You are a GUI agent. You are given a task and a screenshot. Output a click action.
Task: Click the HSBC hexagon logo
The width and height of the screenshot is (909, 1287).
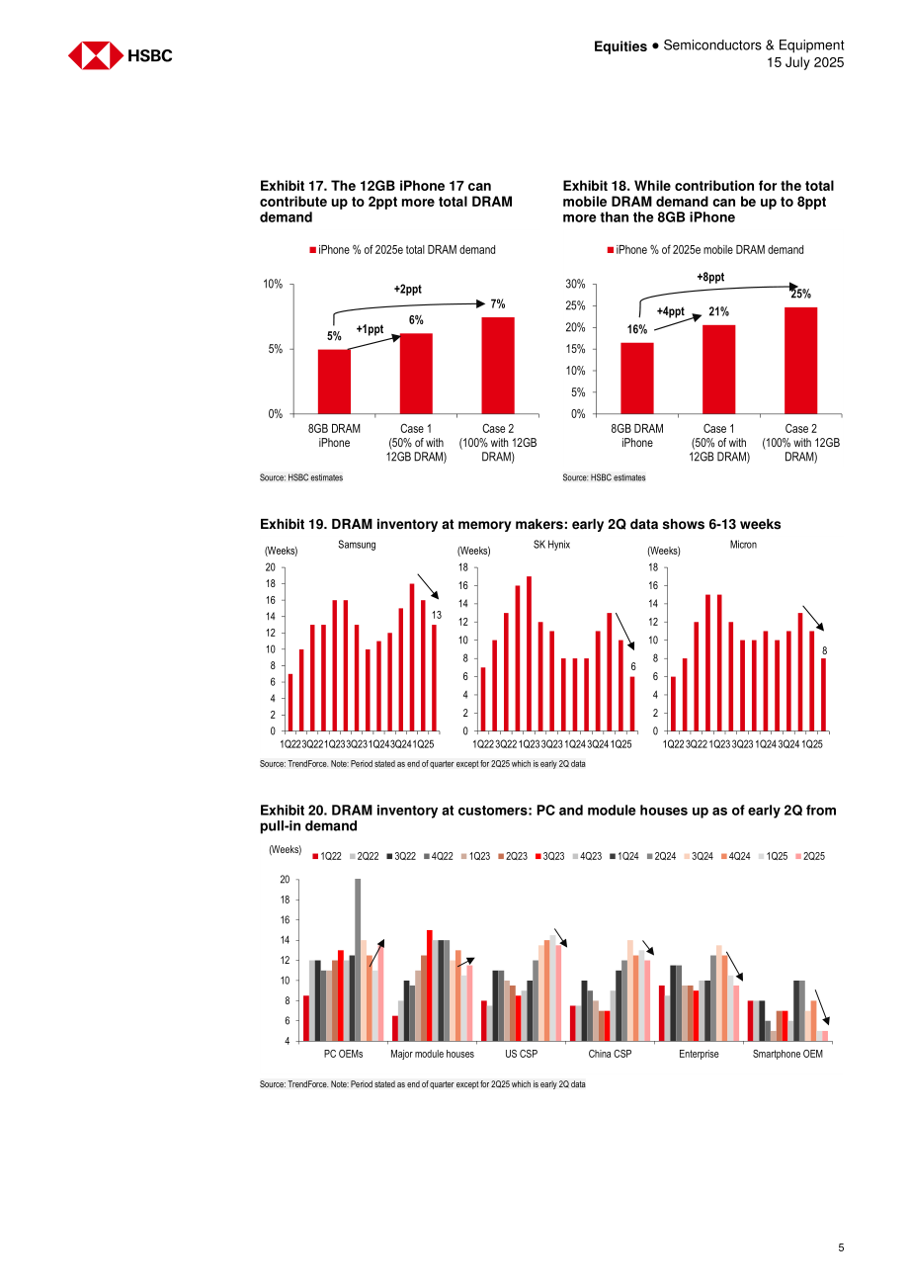coord(95,55)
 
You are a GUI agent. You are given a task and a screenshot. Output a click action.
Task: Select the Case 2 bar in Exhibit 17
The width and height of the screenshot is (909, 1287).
coord(497,366)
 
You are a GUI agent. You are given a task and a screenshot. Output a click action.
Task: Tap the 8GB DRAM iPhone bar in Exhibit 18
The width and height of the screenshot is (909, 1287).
coord(636,378)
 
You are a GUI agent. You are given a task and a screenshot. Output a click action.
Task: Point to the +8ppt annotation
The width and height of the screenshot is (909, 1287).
coord(709,277)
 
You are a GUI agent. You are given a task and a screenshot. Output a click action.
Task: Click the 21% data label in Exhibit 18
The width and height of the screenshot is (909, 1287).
coord(717,311)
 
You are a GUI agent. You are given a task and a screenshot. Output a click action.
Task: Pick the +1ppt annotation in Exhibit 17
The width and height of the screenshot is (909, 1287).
coord(370,329)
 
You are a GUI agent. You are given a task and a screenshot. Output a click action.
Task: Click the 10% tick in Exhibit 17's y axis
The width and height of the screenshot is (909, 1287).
coord(273,284)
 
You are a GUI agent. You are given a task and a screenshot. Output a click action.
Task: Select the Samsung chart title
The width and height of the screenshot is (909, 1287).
coord(357,545)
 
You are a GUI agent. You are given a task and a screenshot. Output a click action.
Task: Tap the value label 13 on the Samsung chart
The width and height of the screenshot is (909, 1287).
coord(437,615)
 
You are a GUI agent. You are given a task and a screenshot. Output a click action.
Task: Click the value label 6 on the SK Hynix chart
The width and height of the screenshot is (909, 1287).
coord(632,666)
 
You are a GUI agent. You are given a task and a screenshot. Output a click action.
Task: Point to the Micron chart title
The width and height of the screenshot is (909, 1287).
coord(742,545)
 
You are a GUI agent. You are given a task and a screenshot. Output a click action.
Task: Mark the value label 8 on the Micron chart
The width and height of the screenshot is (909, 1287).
coord(824,650)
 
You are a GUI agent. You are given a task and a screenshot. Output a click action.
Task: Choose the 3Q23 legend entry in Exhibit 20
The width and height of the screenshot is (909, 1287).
coord(549,856)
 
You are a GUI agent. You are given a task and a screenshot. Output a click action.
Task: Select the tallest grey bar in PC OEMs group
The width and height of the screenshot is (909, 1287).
coord(357,960)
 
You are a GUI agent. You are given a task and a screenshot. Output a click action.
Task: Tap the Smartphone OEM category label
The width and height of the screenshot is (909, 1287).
coord(786,1054)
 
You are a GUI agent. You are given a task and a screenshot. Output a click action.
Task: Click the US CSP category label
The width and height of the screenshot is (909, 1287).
coord(521,1054)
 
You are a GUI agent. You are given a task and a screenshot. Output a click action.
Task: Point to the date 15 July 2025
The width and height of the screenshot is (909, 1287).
coord(805,62)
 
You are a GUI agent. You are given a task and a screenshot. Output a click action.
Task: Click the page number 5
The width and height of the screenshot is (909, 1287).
coord(841,1247)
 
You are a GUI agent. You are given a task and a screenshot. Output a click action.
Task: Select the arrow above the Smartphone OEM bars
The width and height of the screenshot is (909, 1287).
coord(822,1007)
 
